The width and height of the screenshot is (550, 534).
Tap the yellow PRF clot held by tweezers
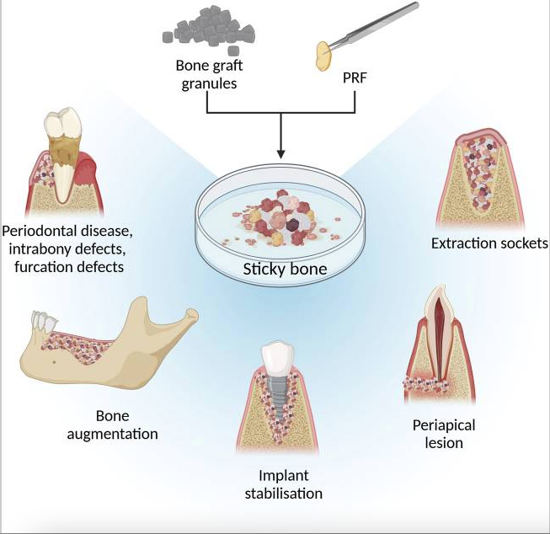323,56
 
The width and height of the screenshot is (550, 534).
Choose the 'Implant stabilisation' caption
283,484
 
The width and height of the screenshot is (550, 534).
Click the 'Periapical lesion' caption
437,433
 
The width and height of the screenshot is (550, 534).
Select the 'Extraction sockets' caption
489,243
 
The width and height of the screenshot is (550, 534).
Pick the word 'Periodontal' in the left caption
39,230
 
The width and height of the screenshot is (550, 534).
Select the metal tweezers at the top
375,26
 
